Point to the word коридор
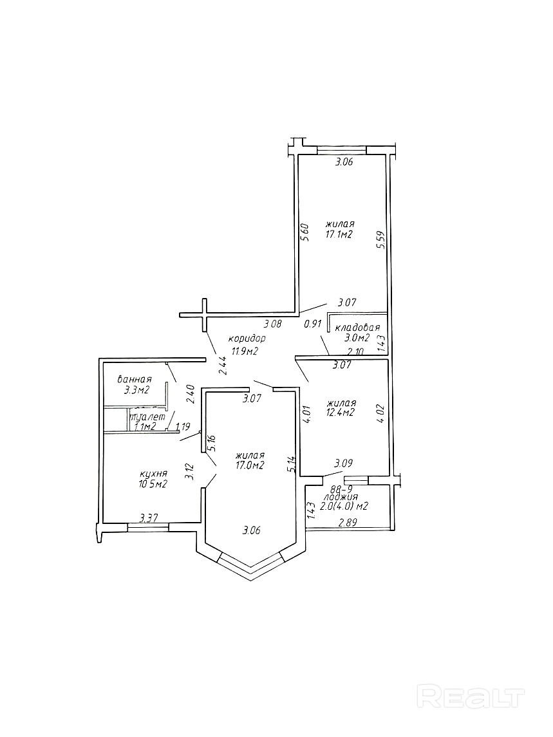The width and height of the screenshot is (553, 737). point(247,338)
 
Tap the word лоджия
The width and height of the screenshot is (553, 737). point(341,497)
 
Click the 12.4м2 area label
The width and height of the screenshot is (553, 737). point(341,413)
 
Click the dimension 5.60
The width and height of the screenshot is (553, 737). point(306,232)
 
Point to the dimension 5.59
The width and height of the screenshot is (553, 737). point(380,240)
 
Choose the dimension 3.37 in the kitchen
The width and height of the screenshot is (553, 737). point(150,517)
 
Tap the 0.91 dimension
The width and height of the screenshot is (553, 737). point(313,324)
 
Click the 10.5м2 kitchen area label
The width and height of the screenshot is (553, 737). point(153,485)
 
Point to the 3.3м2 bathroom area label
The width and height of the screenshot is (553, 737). point(136,390)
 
